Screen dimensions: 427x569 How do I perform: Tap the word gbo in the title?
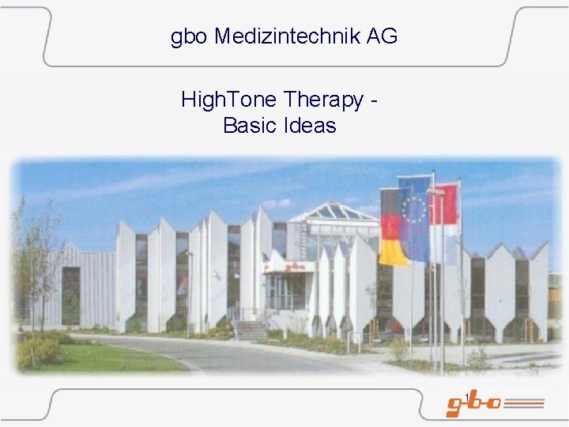189,36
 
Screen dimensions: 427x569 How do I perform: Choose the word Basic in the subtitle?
248,126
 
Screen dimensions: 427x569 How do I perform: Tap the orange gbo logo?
473,404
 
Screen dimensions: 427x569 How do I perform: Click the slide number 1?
468,396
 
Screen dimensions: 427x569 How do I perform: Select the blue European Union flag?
414,218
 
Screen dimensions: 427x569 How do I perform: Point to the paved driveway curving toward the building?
237,354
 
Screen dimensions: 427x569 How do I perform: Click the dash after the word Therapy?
374,101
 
